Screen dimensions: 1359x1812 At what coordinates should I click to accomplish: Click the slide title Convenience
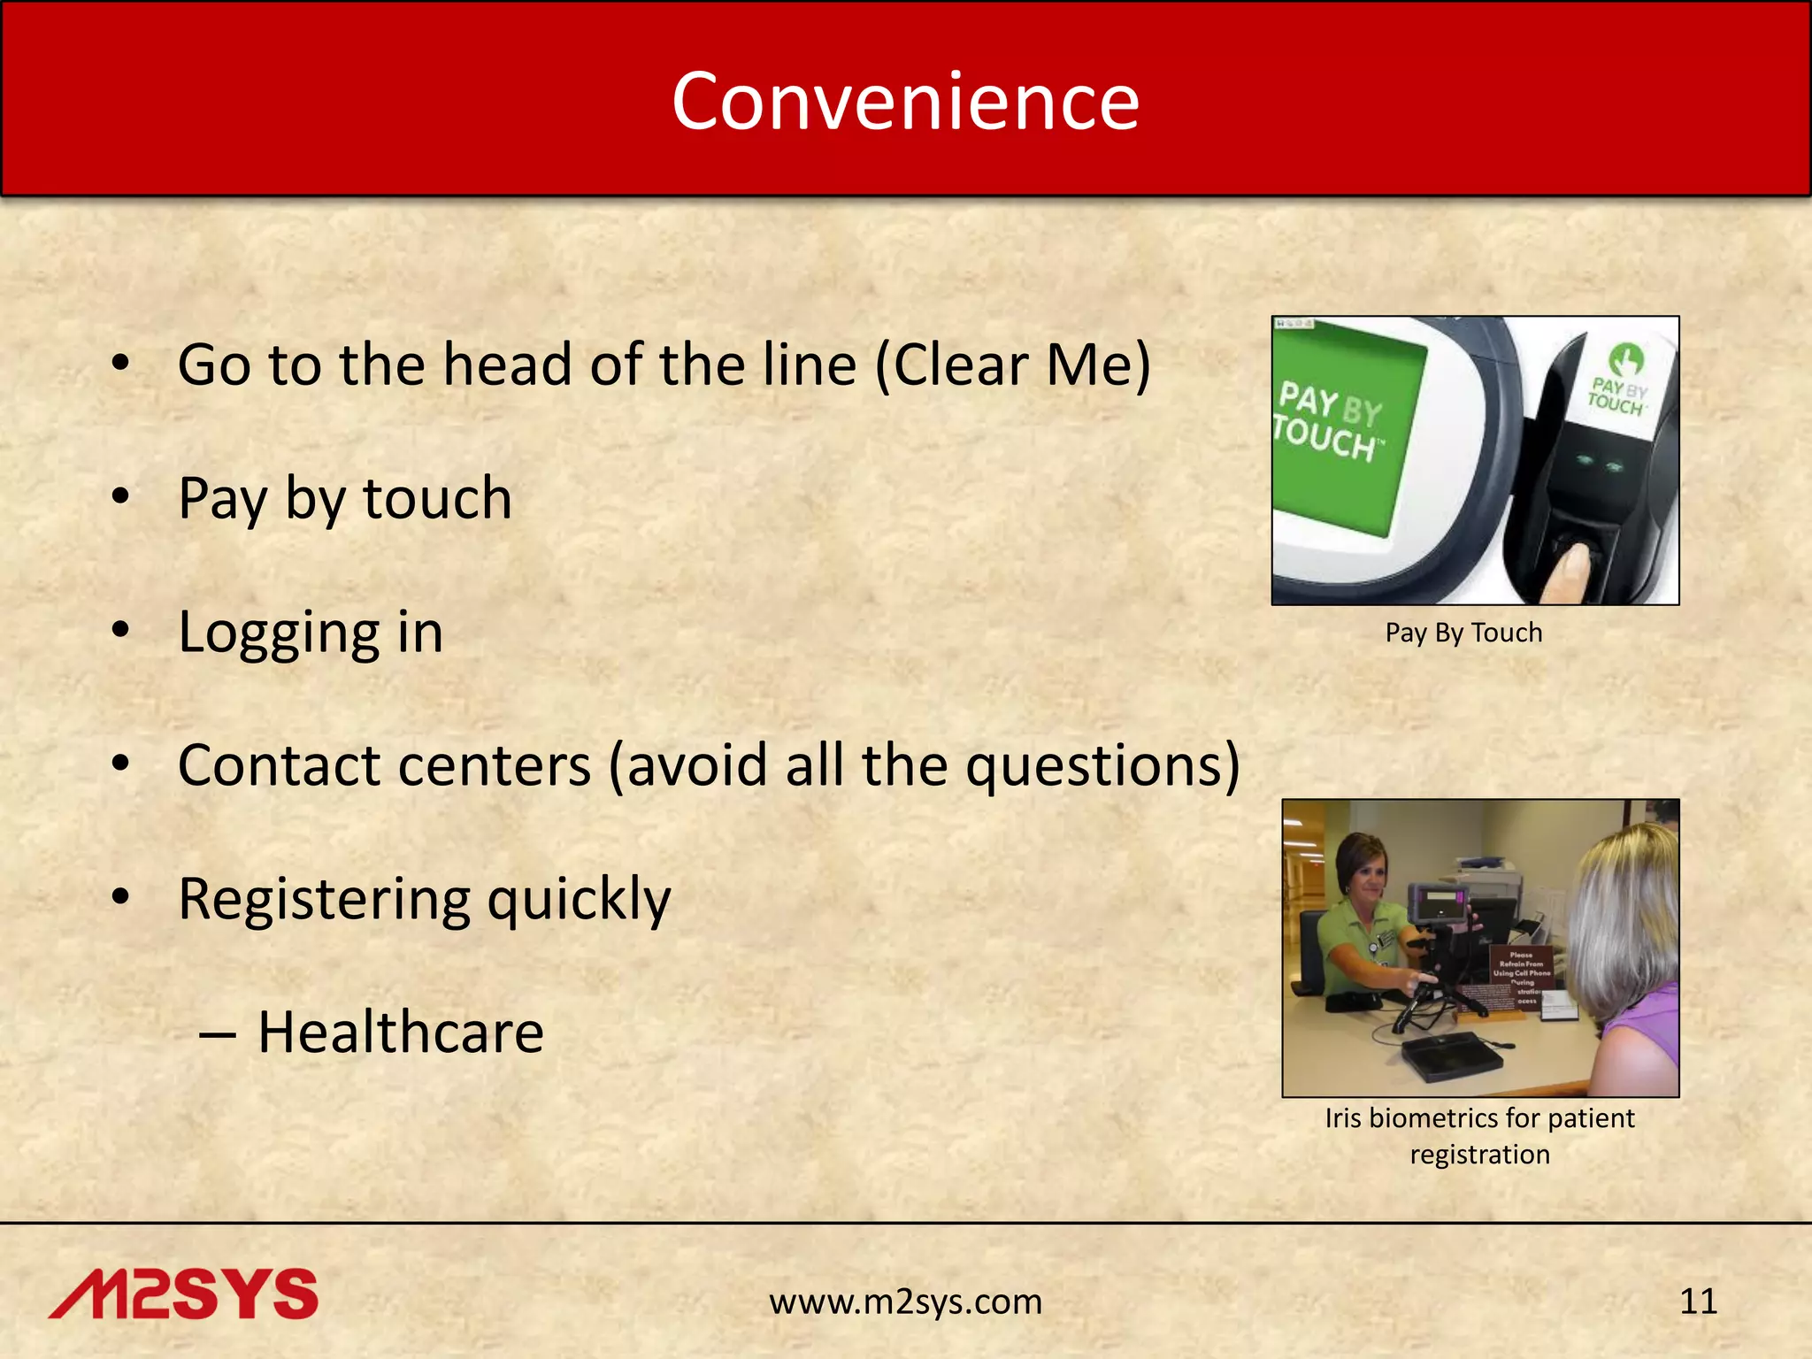coord(905,102)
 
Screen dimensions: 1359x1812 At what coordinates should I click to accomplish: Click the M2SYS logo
coord(183,1294)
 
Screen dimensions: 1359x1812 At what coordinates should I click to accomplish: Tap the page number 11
coord(1698,1301)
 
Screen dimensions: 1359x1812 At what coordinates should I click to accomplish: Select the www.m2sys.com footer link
coord(905,1301)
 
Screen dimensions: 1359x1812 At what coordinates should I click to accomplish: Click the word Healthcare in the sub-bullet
coord(400,1033)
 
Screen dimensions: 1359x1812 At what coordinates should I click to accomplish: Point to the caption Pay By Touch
coord(1463,633)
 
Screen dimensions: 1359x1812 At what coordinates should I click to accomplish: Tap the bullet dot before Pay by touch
coord(121,496)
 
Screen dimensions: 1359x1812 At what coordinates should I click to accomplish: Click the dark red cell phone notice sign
coord(1520,977)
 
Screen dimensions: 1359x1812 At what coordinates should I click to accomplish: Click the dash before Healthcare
coord(218,1033)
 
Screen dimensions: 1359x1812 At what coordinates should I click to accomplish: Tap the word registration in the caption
coord(1479,1155)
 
